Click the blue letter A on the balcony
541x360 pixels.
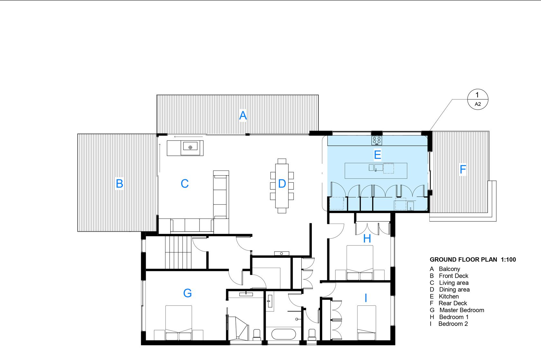(x=243, y=115)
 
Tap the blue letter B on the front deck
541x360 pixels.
(x=119, y=183)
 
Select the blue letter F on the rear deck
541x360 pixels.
(x=463, y=169)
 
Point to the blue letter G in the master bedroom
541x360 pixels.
(x=187, y=293)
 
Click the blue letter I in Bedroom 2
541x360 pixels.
(x=366, y=298)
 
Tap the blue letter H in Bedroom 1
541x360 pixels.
(x=367, y=238)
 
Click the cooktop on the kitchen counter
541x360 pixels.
(x=377, y=140)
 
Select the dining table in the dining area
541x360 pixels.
(x=282, y=186)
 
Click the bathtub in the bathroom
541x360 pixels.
(x=284, y=334)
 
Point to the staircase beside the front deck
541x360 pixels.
(x=178, y=252)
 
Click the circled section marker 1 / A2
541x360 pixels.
(x=478, y=99)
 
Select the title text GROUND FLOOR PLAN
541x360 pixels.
(x=463, y=260)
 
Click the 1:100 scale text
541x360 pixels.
(x=508, y=260)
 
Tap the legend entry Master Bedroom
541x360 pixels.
(x=462, y=310)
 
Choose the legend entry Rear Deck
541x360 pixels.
(x=453, y=303)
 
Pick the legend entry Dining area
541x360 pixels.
(x=454, y=290)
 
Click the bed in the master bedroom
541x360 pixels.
(x=179, y=323)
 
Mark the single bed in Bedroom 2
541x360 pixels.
(x=367, y=323)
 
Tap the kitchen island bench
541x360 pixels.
(x=376, y=171)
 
